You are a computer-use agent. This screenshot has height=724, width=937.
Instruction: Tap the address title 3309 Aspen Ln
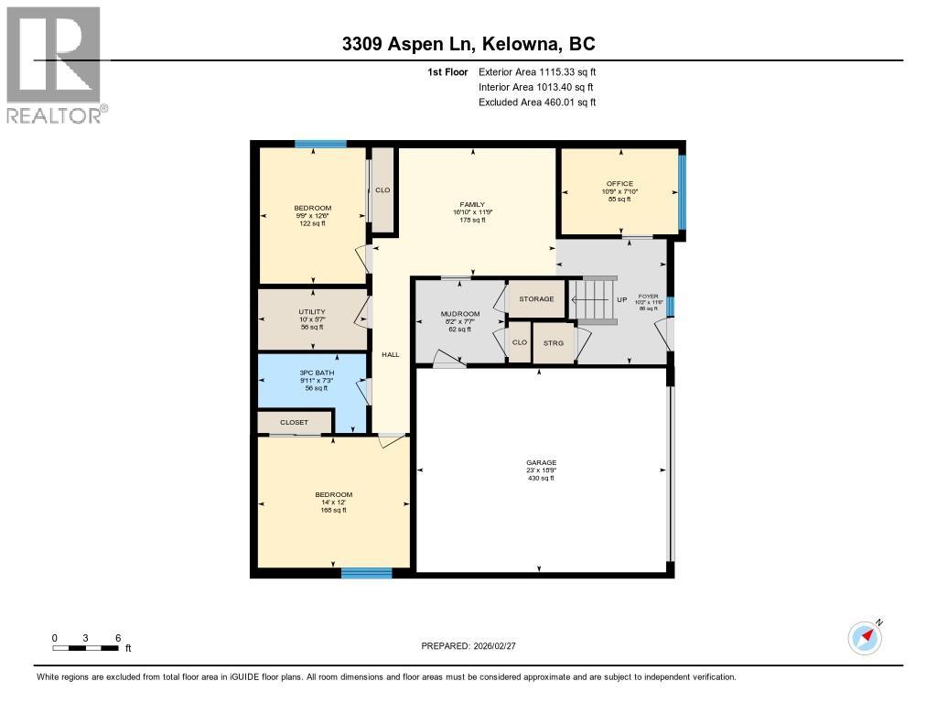coord(468,45)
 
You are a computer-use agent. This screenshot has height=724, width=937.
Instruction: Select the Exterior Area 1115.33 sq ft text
coord(537,71)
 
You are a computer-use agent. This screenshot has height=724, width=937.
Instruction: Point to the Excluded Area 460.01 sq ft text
coord(537,103)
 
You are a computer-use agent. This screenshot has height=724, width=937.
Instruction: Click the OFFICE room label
coord(619,184)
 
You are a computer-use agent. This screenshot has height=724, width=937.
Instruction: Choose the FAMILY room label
coord(472,205)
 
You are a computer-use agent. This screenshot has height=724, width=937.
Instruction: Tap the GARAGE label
coord(541,463)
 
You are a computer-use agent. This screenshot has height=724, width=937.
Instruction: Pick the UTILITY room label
coord(312,312)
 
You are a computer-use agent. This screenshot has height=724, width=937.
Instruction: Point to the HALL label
coord(390,354)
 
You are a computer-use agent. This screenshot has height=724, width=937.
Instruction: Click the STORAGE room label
coord(536,299)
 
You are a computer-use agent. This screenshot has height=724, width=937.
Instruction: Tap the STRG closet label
coord(553,344)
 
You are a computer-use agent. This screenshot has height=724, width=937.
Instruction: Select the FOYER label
coord(648,297)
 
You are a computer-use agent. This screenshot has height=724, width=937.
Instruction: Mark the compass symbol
coord(865,637)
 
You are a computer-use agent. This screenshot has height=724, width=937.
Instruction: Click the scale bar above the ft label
coord(85,648)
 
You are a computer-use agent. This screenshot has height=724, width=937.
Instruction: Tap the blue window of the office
coord(681,192)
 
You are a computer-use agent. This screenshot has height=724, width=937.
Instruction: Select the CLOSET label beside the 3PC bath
coord(294,423)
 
